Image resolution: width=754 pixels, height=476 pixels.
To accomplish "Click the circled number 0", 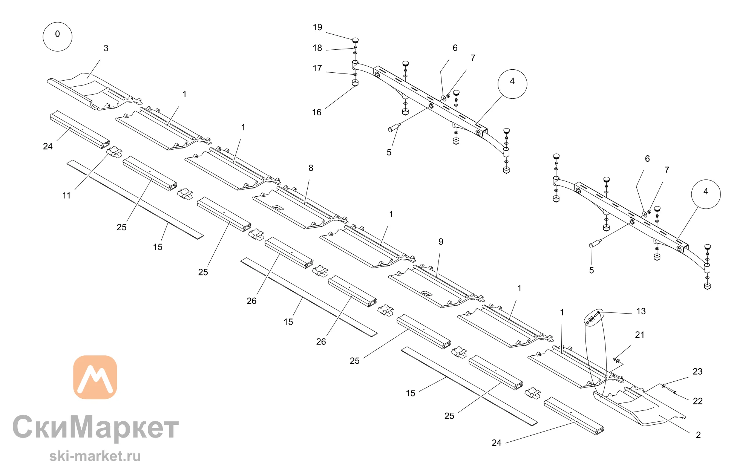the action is (x=57, y=37).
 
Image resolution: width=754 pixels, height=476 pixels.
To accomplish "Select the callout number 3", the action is (x=106, y=48).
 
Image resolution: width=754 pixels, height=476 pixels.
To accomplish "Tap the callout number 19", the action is (x=317, y=27).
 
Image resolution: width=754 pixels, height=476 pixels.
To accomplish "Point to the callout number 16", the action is (x=317, y=112).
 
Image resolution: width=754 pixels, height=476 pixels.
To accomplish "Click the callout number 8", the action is (x=311, y=168).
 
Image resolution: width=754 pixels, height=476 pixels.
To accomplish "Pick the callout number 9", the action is (x=441, y=242).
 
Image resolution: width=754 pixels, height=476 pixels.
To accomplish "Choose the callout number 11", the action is (x=66, y=196).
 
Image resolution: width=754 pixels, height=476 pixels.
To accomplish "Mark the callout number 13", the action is (x=641, y=311).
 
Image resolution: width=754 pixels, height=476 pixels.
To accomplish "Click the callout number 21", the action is (x=640, y=335).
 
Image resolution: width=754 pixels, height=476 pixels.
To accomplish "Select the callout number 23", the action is (x=697, y=372).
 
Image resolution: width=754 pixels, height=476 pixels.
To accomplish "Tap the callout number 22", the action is (x=698, y=401).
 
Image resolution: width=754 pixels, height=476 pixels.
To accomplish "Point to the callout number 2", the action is (x=698, y=435).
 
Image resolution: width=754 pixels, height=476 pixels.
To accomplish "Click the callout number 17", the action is (x=317, y=68).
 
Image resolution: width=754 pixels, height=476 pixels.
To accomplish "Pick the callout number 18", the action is (x=317, y=48).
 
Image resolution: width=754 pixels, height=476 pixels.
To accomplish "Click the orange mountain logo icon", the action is (x=95, y=377).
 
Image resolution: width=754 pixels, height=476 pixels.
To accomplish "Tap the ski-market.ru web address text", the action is (x=95, y=456).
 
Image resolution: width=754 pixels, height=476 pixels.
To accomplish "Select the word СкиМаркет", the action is (x=95, y=427).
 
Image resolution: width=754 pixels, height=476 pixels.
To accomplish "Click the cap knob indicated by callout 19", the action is (x=355, y=40).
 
